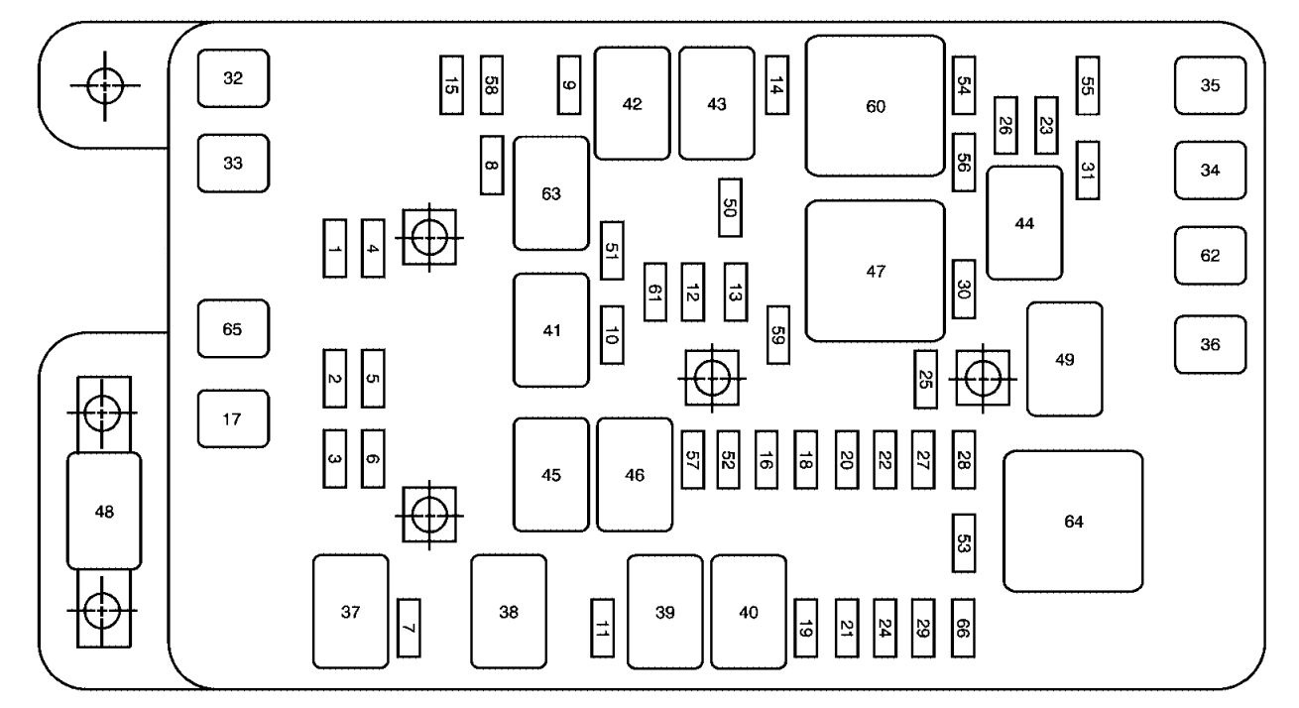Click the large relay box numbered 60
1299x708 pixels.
tap(875, 106)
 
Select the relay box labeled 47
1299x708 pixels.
tap(875, 271)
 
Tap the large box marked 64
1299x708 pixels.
tap(1073, 522)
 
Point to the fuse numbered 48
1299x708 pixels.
tap(103, 511)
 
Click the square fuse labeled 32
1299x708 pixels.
tap(232, 78)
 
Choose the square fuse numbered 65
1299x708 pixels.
tap(232, 328)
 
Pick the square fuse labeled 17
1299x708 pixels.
tap(232, 418)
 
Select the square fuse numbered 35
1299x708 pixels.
tap(1210, 85)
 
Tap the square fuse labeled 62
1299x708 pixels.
tap(1210, 255)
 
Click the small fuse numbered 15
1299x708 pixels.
tap(451, 85)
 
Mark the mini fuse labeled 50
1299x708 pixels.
tap(731, 206)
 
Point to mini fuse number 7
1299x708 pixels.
tap(408, 628)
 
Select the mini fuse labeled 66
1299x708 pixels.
tap(962, 628)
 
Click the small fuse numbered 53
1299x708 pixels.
tap(962, 542)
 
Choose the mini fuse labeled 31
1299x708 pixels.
tap(1088, 170)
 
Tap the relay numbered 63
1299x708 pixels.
tap(550, 193)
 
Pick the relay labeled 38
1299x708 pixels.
tap(508, 612)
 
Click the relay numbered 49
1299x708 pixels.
tap(1064, 359)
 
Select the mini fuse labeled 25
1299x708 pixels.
tap(925, 379)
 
